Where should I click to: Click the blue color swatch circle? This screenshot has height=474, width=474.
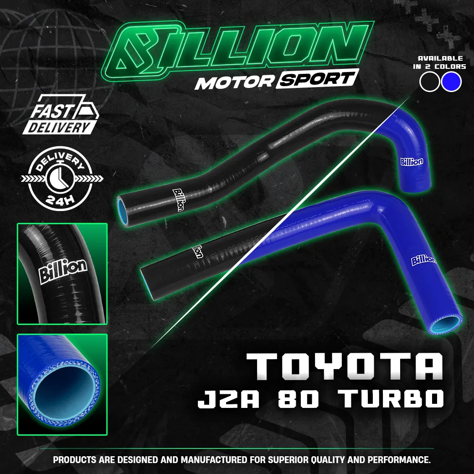(452, 82)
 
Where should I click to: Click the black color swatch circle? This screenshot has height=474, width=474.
(430, 82)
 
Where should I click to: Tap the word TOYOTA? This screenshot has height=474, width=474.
(345, 366)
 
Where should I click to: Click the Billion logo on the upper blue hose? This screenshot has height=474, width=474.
(412, 161)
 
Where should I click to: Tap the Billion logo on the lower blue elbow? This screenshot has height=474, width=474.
(423, 260)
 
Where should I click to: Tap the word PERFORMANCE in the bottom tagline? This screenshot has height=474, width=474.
(396, 460)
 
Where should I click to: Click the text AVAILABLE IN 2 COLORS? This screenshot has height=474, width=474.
(440, 62)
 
